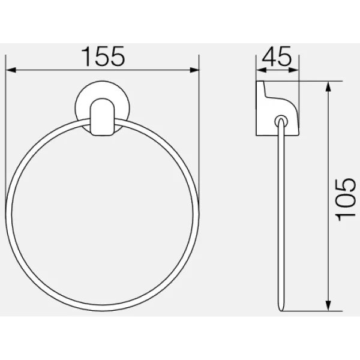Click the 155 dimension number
point(104,56)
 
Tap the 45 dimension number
point(277,56)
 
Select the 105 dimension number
point(345,200)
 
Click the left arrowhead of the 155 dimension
point(11,70)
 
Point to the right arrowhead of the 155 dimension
point(194,70)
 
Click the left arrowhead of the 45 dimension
point(261,70)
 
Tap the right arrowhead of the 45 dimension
point(294,70)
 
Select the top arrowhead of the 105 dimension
point(328,86)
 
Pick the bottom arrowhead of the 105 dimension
point(328,306)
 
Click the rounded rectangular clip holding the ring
point(103,117)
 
